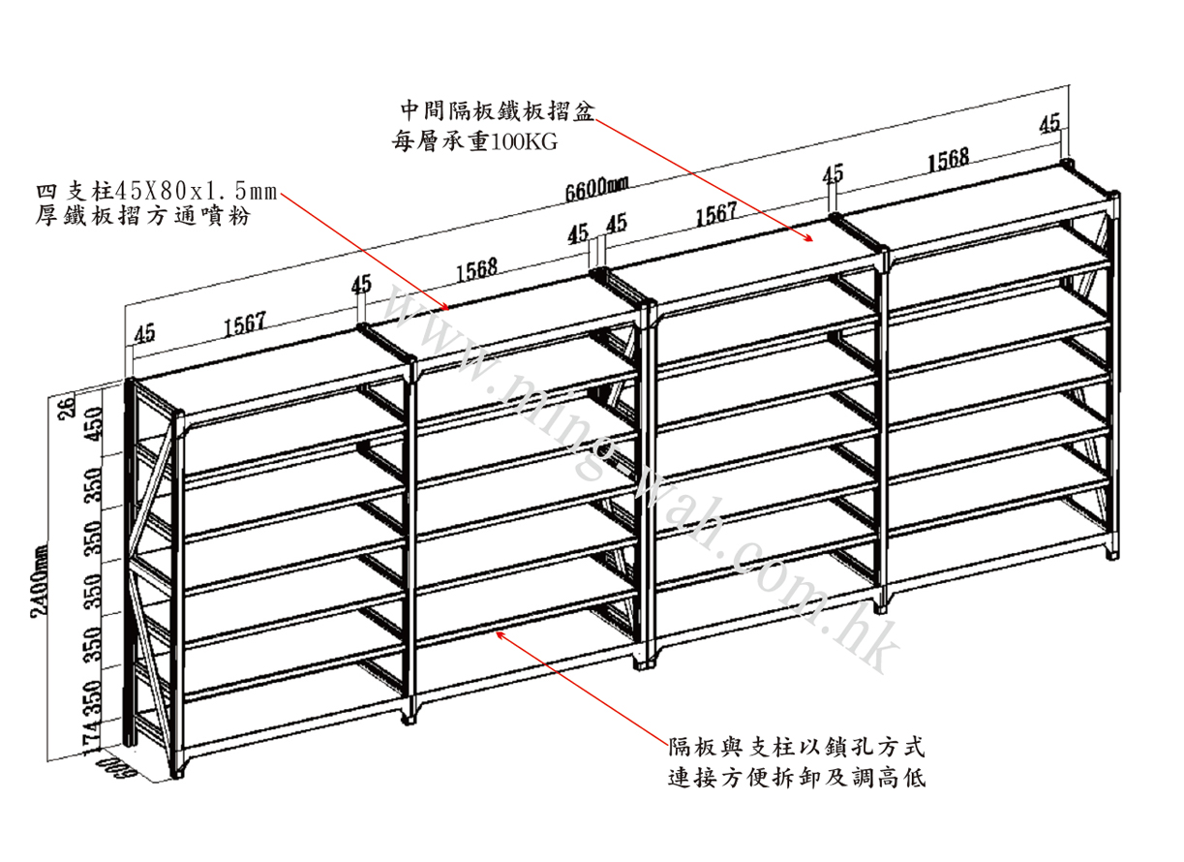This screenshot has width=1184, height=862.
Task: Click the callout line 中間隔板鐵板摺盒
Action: (x=495, y=108)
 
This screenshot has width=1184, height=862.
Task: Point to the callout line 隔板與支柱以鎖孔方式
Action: (x=797, y=748)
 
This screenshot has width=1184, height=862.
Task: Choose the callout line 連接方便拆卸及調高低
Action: (x=797, y=778)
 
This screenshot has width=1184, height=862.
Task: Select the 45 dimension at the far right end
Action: (x=1049, y=123)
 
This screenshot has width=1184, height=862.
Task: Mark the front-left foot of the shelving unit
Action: (x=179, y=771)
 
